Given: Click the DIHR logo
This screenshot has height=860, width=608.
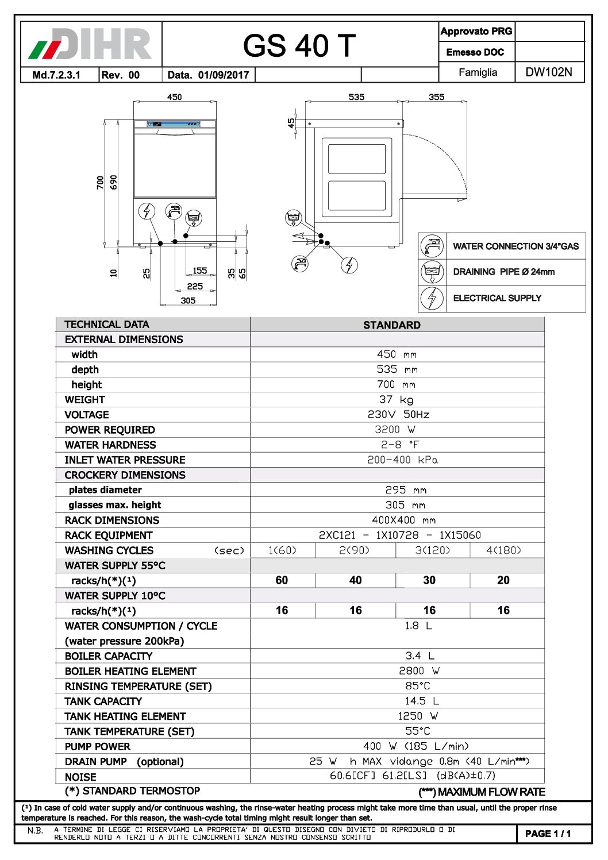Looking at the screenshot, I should [x=91, y=45].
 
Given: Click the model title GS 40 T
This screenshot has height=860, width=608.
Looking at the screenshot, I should [x=299, y=46].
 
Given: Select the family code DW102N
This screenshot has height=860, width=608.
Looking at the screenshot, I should [x=549, y=72].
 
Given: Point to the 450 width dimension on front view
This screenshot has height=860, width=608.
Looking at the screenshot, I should [x=174, y=97].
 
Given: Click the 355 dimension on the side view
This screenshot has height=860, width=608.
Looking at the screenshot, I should [x=436, y=97].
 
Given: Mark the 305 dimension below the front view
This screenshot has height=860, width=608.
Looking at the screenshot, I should [x=188, y=300].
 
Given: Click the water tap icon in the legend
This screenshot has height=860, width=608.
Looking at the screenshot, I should [x=432, y=246].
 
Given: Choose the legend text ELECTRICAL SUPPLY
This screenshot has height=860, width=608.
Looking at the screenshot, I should [x=497, y=298].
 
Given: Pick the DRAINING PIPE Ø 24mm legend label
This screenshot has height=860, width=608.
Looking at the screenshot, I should [x=503, y=272].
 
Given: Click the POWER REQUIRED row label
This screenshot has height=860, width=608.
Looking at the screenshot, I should [x=110, y=430].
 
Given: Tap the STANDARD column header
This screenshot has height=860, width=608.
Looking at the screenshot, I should [x=392, y=325].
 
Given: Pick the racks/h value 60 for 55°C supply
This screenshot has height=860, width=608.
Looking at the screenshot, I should [x=282, y=580].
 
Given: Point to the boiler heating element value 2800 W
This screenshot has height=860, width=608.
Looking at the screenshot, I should [x=419, y=671].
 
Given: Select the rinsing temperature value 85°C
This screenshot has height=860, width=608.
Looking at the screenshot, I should [x=417, y=686].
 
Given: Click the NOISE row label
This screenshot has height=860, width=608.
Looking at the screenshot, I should [x=80, y=777].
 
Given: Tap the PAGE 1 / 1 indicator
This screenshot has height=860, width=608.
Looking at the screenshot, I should [x=548, y=834].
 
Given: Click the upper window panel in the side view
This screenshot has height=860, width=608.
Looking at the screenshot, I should [x=356, y=159].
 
